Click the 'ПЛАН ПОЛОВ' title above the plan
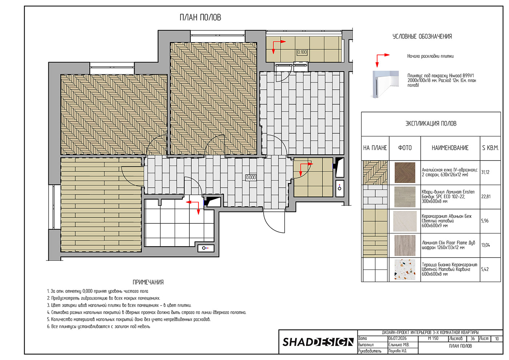[x=200, y=17]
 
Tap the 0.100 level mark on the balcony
[x=302, y=52]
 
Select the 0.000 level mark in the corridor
[x=251, y=178]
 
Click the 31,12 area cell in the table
[x=485, y=172]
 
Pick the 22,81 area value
[x=486, y=197]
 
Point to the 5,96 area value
[x=485, y=221]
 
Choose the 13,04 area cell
[x=485, y=245]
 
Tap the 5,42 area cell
[x=484, y=269]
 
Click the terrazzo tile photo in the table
[x=405, y=270]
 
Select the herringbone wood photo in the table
[x=405, y=173]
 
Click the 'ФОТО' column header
[x=405, y=148]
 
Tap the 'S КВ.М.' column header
[x=490, y=148]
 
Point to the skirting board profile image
[x=386, y=84]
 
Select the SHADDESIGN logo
[x=318, y=342]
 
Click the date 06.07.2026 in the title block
[x=397, y=339]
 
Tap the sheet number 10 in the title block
[x=497, y=339]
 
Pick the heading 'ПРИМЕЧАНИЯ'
[x=148, y=282]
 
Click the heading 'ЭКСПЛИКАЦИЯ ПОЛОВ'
[x=431, y=124]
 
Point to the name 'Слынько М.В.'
[x=399, y=345]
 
